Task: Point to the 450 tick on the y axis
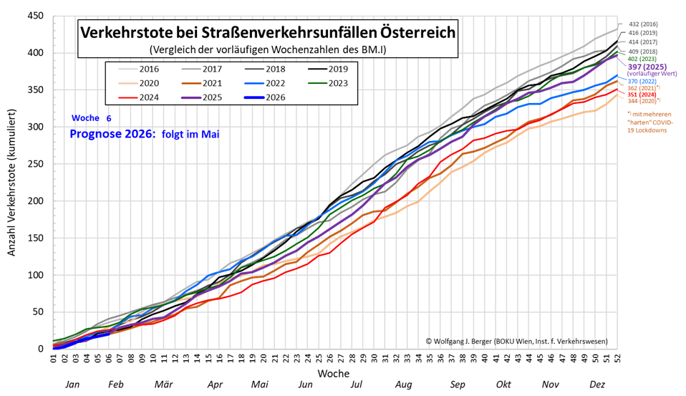point(35,16)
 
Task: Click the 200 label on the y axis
point(35,201)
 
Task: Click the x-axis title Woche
point(334,374)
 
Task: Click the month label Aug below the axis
point(404,385)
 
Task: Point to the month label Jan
point(72,385)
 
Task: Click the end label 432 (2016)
point(643,24)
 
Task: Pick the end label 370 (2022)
point(642,81)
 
